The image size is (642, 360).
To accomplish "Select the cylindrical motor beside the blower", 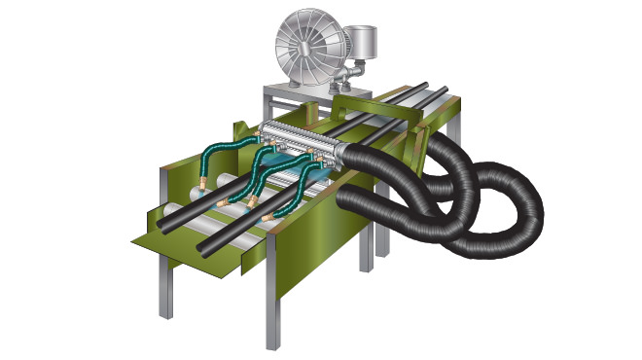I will (363, 44).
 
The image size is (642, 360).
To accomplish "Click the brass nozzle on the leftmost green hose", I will (200, 183).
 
